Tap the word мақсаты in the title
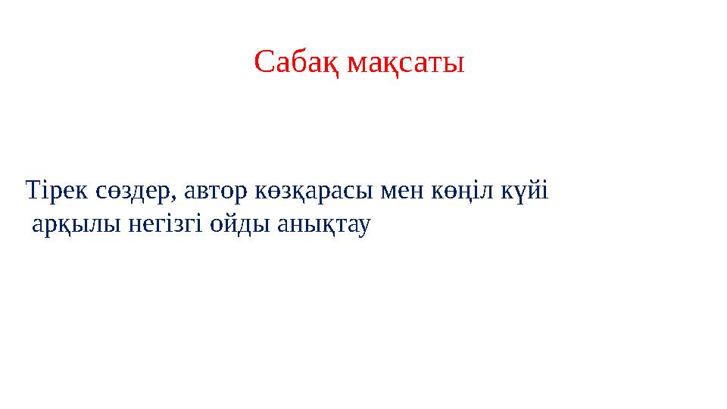tap(405, 64)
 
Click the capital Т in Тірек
tap(33, 191)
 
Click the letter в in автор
tap(203, 193)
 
